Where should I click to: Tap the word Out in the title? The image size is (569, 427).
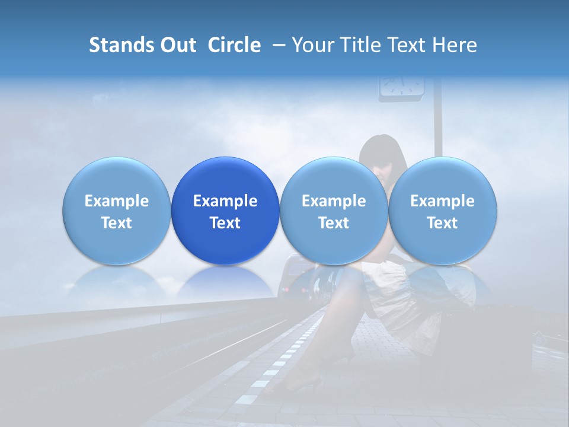177,45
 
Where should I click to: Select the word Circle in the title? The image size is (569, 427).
234,45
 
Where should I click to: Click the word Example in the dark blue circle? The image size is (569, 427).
225,201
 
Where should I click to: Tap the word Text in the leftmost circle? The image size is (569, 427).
117,223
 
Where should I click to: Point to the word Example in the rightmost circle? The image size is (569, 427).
443,201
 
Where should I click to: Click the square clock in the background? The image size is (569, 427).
402,87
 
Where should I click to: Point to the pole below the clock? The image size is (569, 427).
438,125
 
